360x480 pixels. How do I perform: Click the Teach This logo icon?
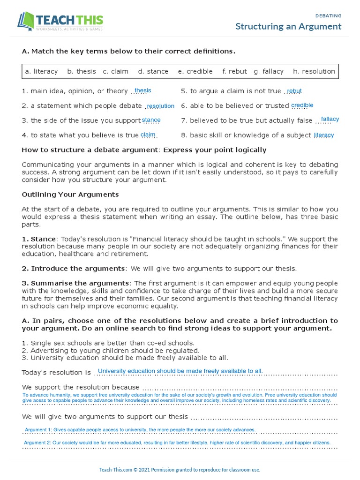pyautogui.click(x=26, y=22)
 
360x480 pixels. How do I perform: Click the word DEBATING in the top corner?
pyautogui.click(x=329, y=15)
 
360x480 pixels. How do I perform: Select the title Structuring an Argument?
pyautogui.click(x=288, y=26)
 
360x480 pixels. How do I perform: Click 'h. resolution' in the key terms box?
pyautogui.click(x=314, y=71)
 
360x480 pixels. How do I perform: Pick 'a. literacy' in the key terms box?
pyautogui.click(x=41, y=71)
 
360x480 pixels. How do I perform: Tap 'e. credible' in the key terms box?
pyautogui.click(x=195, y=71)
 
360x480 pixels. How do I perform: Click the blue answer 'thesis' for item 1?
pyautogui.click(x=142, y=90)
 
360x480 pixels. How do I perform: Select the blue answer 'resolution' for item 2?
pyautogui.click(x=160, y=106)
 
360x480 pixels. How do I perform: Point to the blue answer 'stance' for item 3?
pyautogui.click(x=151, y=120)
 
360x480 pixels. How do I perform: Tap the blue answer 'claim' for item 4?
pyautogui.click(x=148, y=135)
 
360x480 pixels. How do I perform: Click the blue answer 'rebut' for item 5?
pyautogui.click(x=294, y=91)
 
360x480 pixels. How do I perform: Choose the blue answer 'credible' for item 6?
pyautogui.click(x=302, y=105)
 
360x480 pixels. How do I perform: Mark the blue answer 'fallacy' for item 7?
pyautogui.click(x=330, y=119)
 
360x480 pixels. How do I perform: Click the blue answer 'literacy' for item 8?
pyautogui.click(x=324, y=135)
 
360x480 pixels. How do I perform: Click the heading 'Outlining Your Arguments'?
pyautogui.click(x=70, y=194)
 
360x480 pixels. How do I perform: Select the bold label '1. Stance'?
pyautogui.click(x=39, y=239)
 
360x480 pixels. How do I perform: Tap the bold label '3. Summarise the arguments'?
pyautogui.click(x=75, y=283)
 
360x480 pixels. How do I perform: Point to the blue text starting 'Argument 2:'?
pyautogui.click(x=177, y=442)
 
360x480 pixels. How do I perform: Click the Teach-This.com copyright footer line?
pyautogui.click(x=180, y=469)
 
